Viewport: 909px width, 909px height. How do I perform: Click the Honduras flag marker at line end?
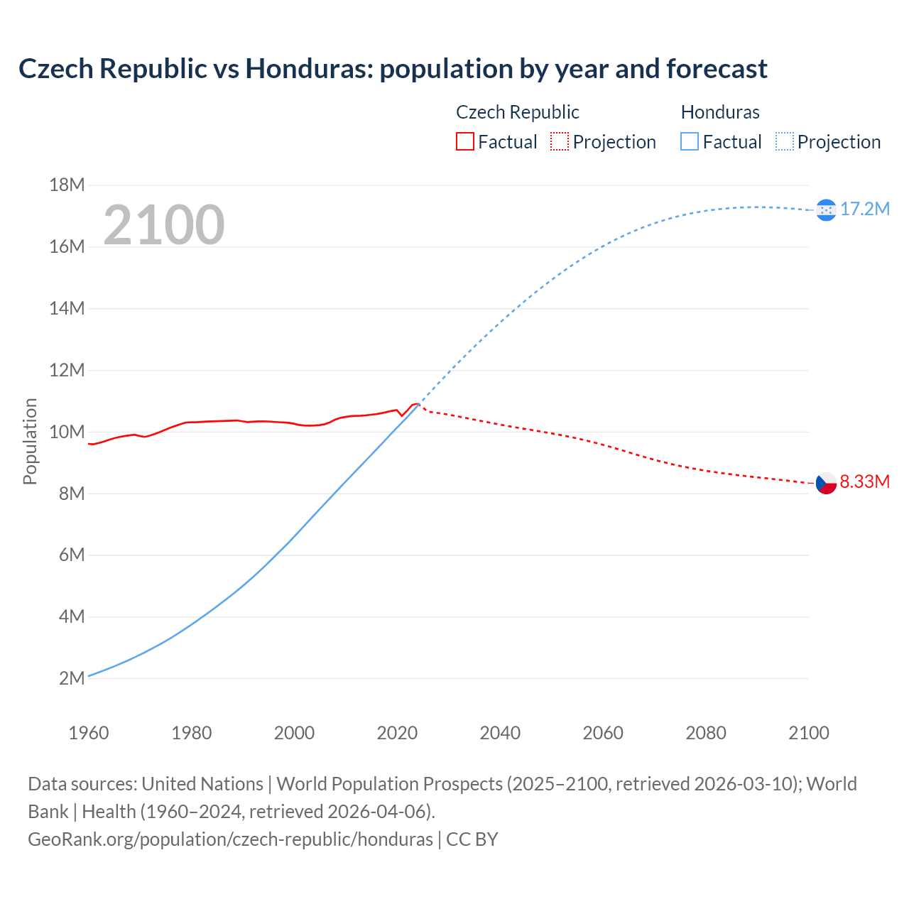(x=826, y=209)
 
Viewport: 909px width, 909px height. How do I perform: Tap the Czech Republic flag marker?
(x=826, y=483)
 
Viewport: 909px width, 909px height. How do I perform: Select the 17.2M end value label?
(x=864, y=209)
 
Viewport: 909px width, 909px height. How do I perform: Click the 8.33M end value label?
(x=864, y=481)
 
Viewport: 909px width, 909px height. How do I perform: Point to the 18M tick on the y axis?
(x=67, y=185)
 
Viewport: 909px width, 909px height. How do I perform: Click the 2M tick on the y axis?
(x=72, y=678)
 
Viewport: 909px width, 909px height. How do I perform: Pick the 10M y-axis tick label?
(x=67, y=432)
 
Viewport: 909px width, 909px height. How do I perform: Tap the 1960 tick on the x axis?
(x=89, y=733)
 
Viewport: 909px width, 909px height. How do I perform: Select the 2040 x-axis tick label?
(x=500, y=733)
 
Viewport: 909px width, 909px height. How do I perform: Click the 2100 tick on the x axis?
(x=808, y=733)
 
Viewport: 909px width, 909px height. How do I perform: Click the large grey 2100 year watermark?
(x=164, y=225)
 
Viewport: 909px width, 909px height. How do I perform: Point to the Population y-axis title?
(x=30, y=441)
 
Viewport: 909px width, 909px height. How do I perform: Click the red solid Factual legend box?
(x=464, y=142)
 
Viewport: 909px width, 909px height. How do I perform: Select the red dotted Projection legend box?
(x=560, y=142)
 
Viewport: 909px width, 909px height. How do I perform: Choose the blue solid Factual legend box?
(x=690, y=142)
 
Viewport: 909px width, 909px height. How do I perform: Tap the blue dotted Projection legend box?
(x=784, y=142)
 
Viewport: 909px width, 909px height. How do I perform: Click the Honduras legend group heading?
(x=720, y=112)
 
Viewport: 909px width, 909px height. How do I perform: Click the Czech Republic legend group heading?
(x=517, y=112)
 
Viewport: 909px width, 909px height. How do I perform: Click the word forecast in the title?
(x=717, y=69)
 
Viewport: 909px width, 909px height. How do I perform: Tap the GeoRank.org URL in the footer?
(x=230, y=839)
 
